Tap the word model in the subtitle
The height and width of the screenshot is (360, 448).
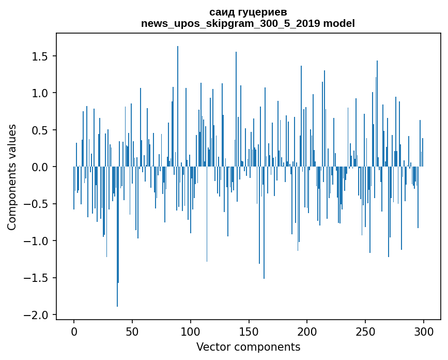point(338,23)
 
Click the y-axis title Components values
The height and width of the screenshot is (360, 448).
point(12,177)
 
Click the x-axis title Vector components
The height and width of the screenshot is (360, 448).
point(248,347)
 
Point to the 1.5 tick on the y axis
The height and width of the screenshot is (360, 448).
point(40,56)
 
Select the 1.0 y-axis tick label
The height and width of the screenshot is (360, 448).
point(40,93)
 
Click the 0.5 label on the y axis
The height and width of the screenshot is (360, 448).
point(40,130)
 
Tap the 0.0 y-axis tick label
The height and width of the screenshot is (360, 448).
point(40,167)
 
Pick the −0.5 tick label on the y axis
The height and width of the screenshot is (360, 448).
point(37,204)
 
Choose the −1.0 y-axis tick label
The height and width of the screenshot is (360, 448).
point(37,241)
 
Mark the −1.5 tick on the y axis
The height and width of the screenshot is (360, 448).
point(37,278)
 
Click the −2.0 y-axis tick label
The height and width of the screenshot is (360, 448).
point(37,315)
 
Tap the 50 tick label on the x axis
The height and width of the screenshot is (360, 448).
point(132,331)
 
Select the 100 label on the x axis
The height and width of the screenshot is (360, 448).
point(191,331)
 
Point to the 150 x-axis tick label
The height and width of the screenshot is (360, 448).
point(249,331)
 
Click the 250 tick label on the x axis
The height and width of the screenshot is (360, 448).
point(365,331)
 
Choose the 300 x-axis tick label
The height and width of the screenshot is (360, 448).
point(424,331)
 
